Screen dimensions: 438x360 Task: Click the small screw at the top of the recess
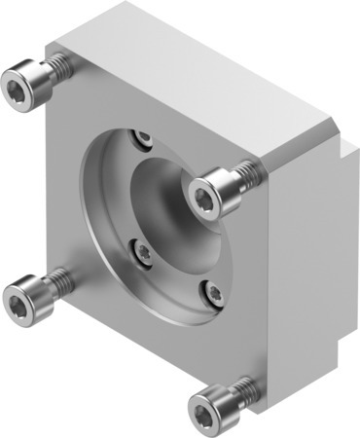[x=145, y=137]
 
